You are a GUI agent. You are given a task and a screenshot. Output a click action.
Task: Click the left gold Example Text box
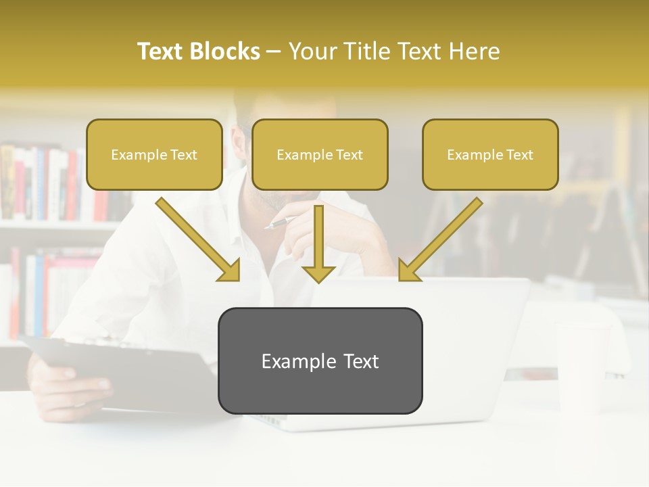pyautogui.click(x=154, y=155)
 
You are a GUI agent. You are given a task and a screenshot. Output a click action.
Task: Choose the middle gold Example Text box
pyautogui.click(x=320, y=155)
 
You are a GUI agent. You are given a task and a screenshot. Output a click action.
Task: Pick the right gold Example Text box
pyautogui.click(x=490, y=155)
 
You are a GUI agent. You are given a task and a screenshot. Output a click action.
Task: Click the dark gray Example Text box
pyautogui.click(x=320, y=361)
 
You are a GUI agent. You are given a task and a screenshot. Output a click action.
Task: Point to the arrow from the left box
pyautogui.click(x=196, y=239)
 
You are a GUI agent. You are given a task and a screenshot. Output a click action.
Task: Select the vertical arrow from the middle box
pyautogui.click(x=318, y=243)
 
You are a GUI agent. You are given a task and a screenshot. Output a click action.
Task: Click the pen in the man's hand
pyautogui.click(x=281, y=223)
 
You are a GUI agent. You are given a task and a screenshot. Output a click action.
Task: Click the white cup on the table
pyautogui.click(x=581, y=365)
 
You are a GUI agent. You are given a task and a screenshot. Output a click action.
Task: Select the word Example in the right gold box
pyautogui.click(x=471, y=155)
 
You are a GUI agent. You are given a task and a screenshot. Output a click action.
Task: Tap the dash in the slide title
pyautogui.click(x=274, y=52)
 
